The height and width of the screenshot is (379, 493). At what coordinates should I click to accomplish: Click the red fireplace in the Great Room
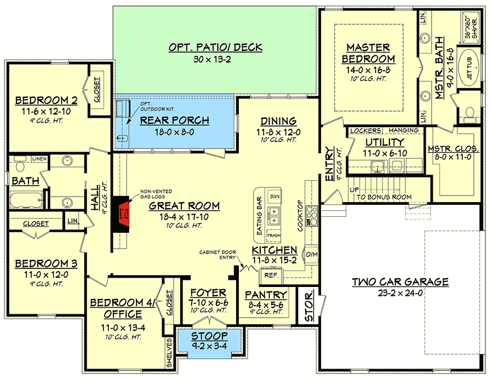click(x=123, y=214)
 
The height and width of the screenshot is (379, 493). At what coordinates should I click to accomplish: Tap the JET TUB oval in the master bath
click(x=469, y=67)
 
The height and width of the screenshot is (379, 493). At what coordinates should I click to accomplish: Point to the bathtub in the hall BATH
click(x=26, y=200)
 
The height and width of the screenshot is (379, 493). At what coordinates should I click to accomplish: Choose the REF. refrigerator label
click(x=271, y=275)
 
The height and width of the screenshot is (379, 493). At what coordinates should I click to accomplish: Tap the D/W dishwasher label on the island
click(x=274, y=197)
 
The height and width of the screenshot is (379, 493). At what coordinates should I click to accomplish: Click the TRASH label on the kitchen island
click(x=273, y=236)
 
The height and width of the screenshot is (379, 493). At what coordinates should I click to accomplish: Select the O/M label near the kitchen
click(x=312, y=254)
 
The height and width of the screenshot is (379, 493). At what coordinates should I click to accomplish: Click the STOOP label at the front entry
click(x=209, y=336)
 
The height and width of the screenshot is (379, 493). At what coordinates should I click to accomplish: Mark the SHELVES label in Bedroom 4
click(x=169, y=353)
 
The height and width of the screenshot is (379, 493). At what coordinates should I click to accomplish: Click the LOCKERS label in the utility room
click(x=366, y=130)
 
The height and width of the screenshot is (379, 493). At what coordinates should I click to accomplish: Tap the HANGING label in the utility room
click(x=404, y=130)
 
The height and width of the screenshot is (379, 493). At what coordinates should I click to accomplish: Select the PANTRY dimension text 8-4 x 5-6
click(x=266, y=305)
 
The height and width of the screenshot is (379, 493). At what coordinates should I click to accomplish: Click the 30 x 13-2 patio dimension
click(x=212, y=59)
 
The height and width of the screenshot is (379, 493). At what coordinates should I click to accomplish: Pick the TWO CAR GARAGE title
click(x=400, y=282)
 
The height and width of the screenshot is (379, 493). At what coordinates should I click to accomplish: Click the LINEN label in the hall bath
click(x=39, y=159)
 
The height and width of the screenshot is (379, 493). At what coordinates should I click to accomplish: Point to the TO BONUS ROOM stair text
click(x=384, y=197)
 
